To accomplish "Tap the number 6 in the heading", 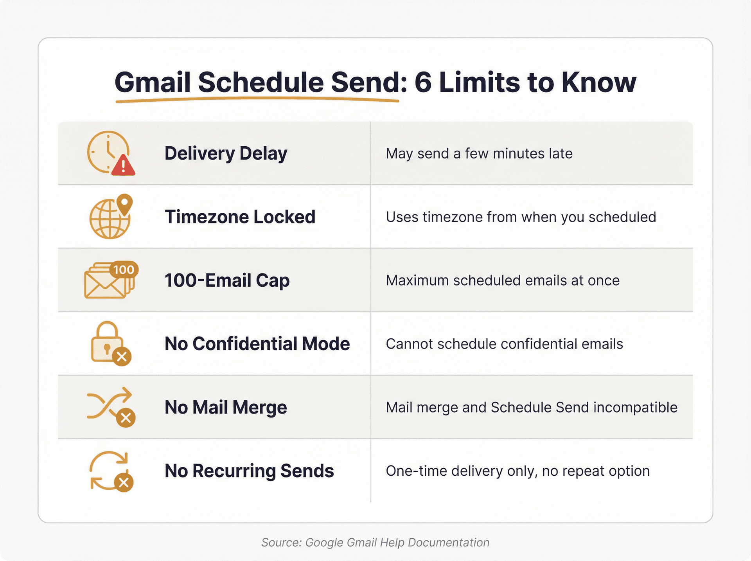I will click(x=422, y=83).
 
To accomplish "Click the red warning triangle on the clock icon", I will click(x=123, y=166).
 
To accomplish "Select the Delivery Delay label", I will click(x=226, y=153).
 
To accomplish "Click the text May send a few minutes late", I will click(x=479, y=154).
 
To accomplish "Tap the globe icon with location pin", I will click(x=110, y=217).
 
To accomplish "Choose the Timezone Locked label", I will click(x=240, y=217).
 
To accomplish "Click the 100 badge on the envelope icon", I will click(x=124, y=270).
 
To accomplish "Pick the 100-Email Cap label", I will click(x=227, y=280).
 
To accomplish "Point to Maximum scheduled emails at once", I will click(x=502, y=280).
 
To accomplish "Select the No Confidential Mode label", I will click(x=257, y=344).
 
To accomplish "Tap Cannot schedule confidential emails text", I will click(x=504, y=344).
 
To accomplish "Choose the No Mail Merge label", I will click(x=226, y=407).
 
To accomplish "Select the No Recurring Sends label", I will click(x=249, y=471).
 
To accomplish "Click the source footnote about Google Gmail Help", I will click(x=375, y=542).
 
